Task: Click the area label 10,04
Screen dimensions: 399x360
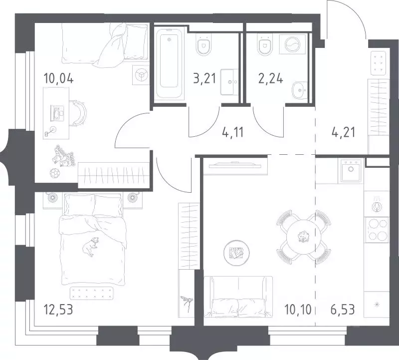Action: [x=59, y=78]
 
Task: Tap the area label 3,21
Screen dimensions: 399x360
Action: [x=204, y=78]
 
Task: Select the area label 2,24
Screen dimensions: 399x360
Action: [x=270, y=78]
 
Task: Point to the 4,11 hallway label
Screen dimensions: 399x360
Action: [x=233, y=132]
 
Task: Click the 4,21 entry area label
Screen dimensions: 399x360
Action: [x=343, y=132]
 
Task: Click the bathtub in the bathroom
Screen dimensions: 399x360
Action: [x=170, y=64]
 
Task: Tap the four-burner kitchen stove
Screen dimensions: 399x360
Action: [x=377, y=230]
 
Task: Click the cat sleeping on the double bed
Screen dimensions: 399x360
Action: [x=90, y=246]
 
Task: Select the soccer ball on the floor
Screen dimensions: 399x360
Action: [x=54, y=173]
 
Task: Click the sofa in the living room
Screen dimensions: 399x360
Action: [x=238, y=297]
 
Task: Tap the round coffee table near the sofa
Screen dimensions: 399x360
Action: [x=236, y=253]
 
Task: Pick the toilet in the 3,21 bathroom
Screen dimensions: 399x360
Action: [x=204, y=45]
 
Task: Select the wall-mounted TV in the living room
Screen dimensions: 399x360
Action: [x=235, y=165]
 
